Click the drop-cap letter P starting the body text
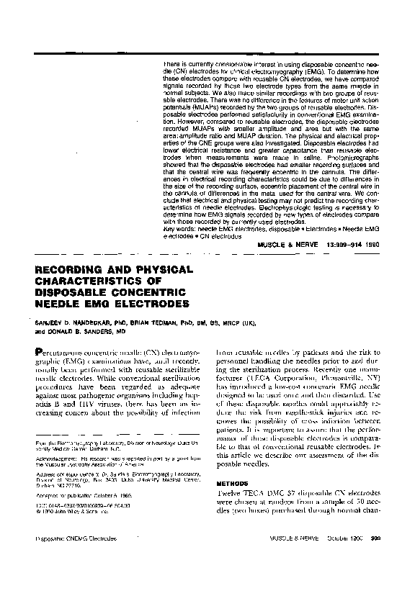(40, 352)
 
